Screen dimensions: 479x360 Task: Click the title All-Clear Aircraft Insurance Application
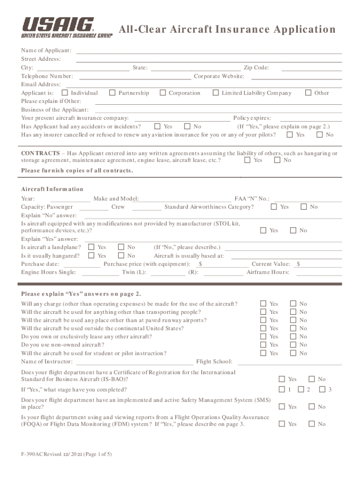pos(227,29)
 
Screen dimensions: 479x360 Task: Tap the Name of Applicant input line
pos(209,51)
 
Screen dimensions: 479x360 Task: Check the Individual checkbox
pos(65,93)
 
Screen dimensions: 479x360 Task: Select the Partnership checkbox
pos(112,93)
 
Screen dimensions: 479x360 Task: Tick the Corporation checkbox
pos(163,93)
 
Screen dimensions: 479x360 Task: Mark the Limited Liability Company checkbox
pos(216,93)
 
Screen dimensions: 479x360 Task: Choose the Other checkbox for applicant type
pos(308,93)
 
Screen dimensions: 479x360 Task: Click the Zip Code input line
pos(311,68)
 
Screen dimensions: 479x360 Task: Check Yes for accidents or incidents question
pos(158,126)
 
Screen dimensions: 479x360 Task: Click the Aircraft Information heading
pos(52,189)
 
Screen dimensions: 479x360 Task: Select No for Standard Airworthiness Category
pos(304,207)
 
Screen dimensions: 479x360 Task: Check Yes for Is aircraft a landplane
pos(92,247)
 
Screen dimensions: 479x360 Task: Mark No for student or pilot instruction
pos(293,353)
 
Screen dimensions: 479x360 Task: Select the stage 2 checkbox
pos(301,390)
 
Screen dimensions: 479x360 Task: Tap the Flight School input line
pos(290,362)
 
